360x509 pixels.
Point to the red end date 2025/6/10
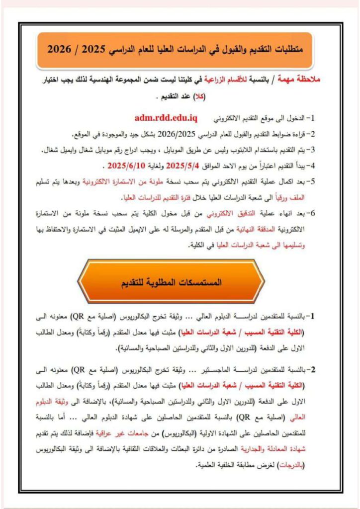[x=131, y=164]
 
